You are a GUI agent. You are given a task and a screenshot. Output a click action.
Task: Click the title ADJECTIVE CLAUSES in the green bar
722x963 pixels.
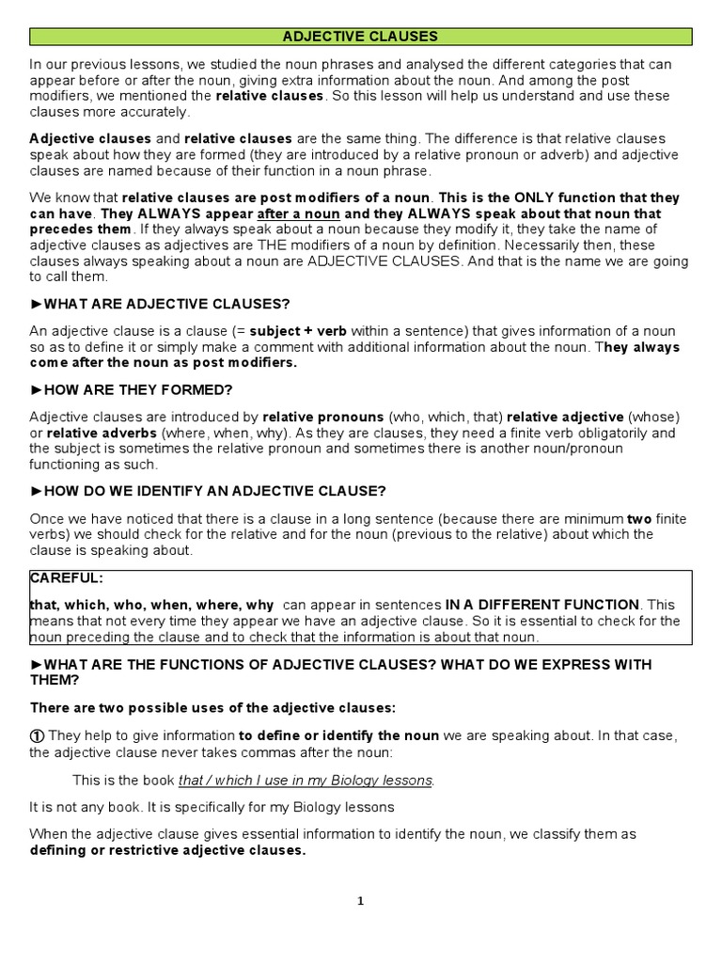(361, 37)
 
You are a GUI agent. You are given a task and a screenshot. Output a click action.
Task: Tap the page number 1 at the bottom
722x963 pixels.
(360, 901)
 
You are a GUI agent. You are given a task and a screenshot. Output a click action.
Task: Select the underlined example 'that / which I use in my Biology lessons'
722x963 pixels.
(306, 781)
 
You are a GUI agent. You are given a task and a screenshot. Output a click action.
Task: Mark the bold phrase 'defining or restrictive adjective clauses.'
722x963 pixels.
(167, 851)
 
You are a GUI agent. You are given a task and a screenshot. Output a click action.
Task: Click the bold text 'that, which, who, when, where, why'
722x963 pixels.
(152, 605)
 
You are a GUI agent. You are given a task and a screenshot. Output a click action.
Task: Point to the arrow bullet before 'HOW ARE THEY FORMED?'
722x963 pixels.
(37, 389)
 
